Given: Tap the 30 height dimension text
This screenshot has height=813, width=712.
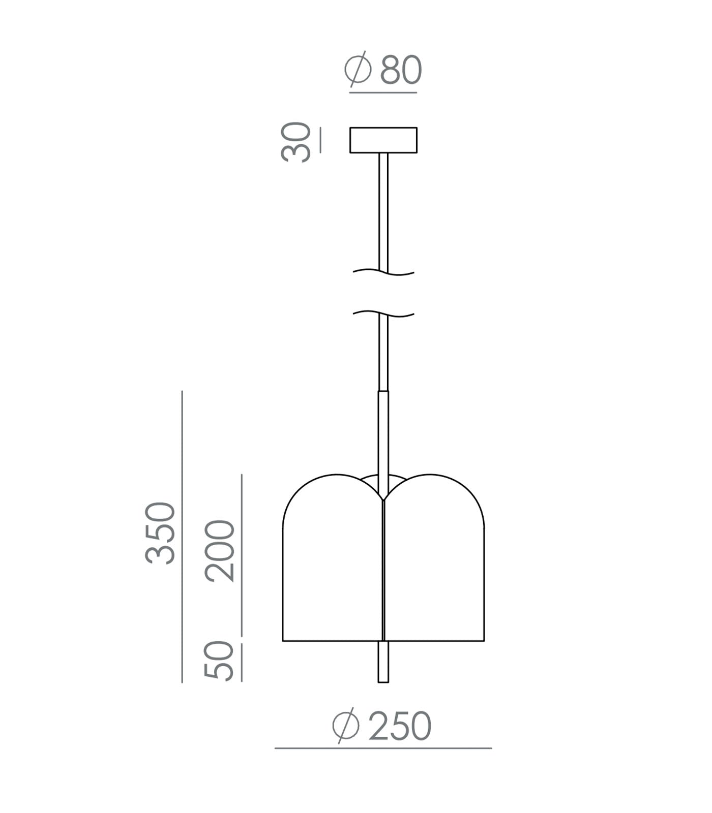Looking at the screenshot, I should coord(295,142).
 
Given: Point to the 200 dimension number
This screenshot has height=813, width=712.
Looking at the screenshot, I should coord(220,551).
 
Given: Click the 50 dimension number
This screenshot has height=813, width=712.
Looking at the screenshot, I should coord(219,660).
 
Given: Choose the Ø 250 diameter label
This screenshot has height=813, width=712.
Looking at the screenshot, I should coord(381,726).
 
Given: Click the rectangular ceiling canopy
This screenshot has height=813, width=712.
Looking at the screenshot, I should coord(383,140).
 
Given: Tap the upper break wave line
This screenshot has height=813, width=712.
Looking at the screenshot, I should coord(383,273).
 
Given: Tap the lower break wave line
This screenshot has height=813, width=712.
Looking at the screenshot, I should coord(383,314).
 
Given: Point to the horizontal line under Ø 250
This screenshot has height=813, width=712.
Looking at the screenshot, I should coord(383,748).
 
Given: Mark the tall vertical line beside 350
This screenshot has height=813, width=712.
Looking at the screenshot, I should coord(182,537).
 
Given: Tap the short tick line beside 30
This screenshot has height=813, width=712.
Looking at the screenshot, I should coord(320,141).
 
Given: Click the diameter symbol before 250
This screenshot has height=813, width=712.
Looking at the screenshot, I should coord(346,726).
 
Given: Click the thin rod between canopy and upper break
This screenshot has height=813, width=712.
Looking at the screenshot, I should coord(383,208).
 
